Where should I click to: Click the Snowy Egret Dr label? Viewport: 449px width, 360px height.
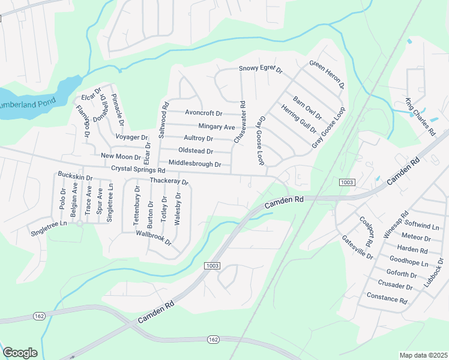(261, 69)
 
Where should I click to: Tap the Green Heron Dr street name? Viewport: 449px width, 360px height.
(327, 74)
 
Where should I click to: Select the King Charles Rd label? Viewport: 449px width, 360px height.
(420, 116)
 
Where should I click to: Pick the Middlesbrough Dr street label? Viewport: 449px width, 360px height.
(195, 163)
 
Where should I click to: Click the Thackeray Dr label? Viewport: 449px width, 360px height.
(169, 181)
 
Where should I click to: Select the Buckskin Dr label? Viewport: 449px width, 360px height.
(75, 178)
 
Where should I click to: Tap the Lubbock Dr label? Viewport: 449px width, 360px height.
(435, 272)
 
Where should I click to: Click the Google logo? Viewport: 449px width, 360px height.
(20, 353)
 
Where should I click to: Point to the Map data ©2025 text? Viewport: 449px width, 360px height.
(424, 355)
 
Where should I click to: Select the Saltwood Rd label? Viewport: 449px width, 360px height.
(161, 120)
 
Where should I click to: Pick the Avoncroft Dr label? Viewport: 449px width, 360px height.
(203, 113)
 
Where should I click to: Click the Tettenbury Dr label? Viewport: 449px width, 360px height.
(137, 206)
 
